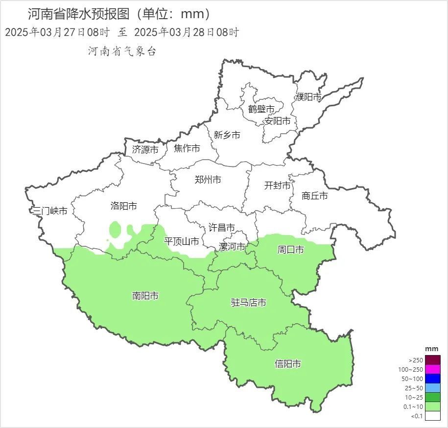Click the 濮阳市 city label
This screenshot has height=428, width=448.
(308, 97)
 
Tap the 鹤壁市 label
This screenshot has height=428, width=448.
(261, 109)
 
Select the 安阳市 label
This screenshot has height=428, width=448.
(277, 120)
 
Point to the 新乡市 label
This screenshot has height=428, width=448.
(227, 135)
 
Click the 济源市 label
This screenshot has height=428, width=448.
(145, 149)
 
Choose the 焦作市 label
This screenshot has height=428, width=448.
(187, 148)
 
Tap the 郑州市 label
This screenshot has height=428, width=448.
(208, 180)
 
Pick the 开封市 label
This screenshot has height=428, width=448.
(277, 186)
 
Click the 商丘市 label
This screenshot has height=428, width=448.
(314, 196)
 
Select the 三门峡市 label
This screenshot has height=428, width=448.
(49, 211)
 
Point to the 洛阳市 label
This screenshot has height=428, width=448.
(123, 206)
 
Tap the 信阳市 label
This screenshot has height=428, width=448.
(287, 364)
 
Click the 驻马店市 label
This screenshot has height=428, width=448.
(249, 303)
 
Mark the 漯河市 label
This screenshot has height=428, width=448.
(232, 246)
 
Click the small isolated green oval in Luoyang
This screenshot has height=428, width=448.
(115, 229)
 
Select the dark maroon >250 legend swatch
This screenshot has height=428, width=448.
(432, 359)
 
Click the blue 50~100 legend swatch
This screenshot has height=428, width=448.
(432, 379)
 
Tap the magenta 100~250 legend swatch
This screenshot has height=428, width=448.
(432, 369)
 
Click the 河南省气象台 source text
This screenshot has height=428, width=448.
(122, 51)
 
